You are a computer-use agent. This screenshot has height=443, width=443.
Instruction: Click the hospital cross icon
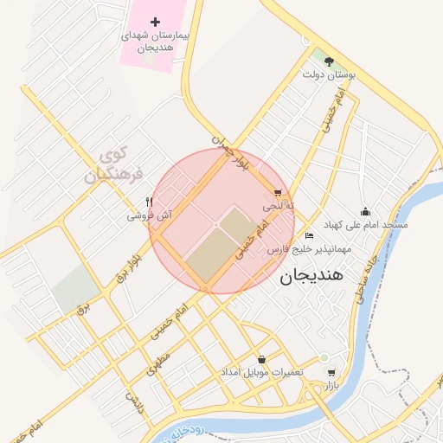[155, 22]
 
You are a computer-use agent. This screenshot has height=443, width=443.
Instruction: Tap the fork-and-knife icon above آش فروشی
[150, 202]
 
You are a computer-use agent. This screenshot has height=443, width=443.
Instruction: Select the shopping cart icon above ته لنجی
[277, 194]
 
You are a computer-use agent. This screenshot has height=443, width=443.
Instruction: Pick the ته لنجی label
[279, 208]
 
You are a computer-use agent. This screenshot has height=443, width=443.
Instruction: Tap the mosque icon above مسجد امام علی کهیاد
[365, 211]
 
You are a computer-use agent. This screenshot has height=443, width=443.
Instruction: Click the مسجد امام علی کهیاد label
[365, 224]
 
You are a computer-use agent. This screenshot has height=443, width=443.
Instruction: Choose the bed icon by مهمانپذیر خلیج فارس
[310, 236]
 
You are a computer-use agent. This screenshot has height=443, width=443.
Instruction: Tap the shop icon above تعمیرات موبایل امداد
[261, 359]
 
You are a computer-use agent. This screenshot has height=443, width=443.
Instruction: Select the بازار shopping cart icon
[331, 374]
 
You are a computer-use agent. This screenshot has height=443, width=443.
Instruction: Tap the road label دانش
[135, 402]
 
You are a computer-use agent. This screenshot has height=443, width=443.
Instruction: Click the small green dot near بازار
[324, 357]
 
